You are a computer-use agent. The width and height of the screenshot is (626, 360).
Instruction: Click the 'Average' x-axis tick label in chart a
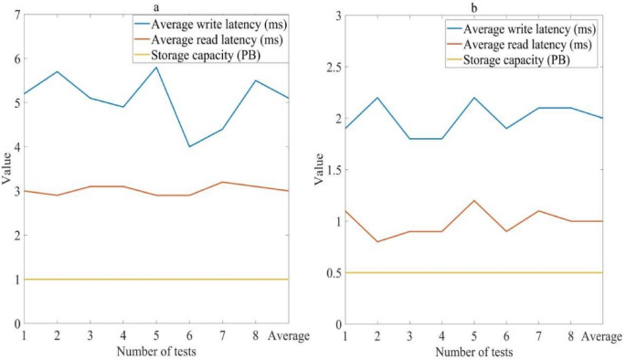[290, 336]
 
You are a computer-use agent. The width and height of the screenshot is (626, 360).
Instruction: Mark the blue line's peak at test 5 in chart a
[157, 68]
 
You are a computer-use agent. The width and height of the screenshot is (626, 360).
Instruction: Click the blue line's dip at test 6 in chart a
[190, 147]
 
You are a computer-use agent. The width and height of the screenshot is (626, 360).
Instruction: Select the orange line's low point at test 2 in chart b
[377, 241]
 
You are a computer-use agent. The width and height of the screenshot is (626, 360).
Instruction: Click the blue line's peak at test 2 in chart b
[377, 98]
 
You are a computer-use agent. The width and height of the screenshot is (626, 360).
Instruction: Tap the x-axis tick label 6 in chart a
[190, 336]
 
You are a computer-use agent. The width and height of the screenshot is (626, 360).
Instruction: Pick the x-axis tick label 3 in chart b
[410, 336]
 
